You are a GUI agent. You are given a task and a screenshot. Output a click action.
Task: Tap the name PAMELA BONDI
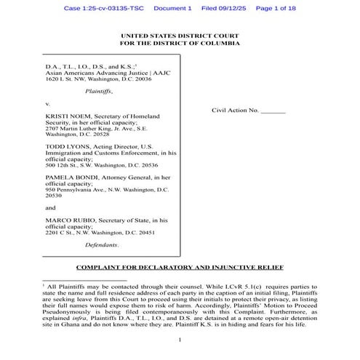(71, 176)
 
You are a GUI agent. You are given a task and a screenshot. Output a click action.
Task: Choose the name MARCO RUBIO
(69, 219)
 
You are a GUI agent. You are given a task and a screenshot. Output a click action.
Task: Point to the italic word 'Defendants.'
(101, 247)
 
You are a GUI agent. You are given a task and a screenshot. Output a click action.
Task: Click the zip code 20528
(97, 135)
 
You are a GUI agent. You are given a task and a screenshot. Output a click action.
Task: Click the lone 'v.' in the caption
(48, 104)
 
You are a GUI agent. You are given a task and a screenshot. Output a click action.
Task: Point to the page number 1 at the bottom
(180, 340)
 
